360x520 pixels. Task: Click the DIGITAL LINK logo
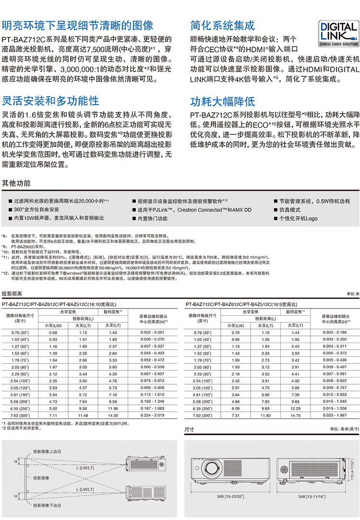339,33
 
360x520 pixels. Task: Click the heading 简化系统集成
222,25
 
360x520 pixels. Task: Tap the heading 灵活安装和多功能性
51,101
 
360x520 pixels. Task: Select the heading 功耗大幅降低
222,102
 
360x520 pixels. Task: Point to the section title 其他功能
16,183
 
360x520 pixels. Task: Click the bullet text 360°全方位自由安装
36,210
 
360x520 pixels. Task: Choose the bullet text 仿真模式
289,210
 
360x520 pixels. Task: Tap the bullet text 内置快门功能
152,218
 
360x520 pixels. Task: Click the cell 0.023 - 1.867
335,415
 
